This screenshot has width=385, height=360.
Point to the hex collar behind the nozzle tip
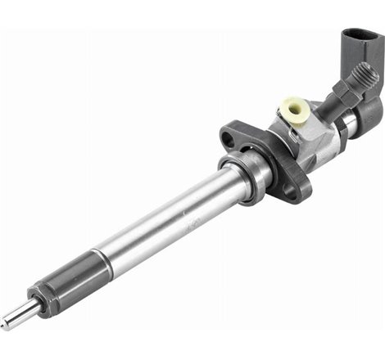click(38, 295)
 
